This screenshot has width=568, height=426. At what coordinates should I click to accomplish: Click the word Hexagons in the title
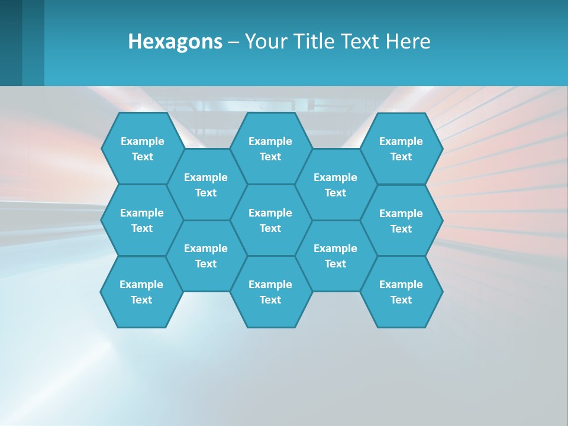175,41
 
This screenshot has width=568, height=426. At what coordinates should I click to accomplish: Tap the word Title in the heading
314,41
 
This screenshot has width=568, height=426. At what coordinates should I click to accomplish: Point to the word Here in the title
408,41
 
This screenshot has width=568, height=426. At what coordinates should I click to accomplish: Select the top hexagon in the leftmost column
142,149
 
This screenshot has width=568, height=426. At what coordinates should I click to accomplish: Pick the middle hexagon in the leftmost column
142,220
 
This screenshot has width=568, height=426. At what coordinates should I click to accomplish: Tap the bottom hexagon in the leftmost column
141,292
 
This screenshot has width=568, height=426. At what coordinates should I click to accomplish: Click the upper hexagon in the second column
206,185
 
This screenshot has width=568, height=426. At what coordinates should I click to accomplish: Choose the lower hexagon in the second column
206,256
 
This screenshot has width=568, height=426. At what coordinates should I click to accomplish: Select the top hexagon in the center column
270,149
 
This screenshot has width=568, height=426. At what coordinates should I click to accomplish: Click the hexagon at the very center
270,220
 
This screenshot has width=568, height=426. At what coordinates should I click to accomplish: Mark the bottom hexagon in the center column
270,292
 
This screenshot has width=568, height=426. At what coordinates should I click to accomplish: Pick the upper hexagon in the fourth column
335,185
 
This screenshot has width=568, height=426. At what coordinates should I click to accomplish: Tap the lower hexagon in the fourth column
335,256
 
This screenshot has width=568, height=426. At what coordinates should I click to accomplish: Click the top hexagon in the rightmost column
401,149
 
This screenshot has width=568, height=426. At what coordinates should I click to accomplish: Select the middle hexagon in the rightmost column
401,221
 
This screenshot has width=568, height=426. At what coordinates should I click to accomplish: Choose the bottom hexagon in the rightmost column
401,292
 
